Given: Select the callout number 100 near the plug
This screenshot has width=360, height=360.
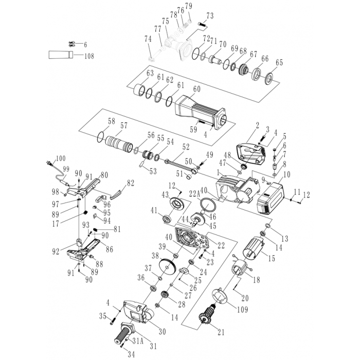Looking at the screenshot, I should (x=61, y=158).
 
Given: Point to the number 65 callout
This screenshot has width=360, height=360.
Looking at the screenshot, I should (x=279, y=62).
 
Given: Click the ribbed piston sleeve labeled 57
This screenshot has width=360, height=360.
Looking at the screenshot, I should (x=121, y=139).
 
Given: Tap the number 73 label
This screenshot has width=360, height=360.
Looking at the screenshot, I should (x=209, y=15).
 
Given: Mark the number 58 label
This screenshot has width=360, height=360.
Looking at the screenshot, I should (x=111, y=121).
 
